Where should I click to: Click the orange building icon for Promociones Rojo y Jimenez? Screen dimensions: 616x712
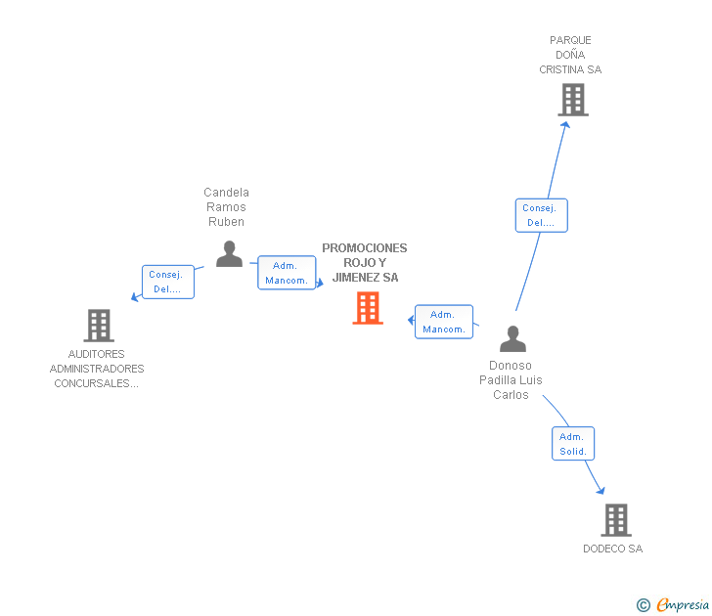click(368, 308)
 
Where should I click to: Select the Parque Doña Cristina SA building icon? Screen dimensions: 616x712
click(573, 100)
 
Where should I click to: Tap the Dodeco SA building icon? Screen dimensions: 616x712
click(615, 520)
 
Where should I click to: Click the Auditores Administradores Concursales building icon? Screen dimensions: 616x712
click(98, 325)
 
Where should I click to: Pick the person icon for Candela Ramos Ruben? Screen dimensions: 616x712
click(229, 254)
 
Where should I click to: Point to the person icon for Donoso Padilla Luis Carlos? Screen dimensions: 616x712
click(512, 339)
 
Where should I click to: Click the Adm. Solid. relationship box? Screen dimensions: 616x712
click(572, 444)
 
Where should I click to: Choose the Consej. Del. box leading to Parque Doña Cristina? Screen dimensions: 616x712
click(541, 215)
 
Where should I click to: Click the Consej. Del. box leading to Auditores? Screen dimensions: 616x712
click(167, 282)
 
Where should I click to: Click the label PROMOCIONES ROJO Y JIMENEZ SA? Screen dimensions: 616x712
click(365, 263)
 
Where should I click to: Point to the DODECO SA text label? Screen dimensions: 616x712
click(612, 550)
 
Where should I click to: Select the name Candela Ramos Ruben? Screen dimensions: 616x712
click(226, 207)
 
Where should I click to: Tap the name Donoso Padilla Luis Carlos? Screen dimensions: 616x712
click(511, 380)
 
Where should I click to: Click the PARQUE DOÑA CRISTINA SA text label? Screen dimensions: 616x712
click(570, 56)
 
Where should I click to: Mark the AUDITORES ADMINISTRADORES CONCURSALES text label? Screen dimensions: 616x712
click(97, 369)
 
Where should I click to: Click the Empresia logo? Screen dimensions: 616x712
click(682, 605)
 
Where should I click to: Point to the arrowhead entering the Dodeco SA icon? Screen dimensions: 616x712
click(600, 491)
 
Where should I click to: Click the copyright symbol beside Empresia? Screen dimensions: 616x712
click(643, 606)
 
